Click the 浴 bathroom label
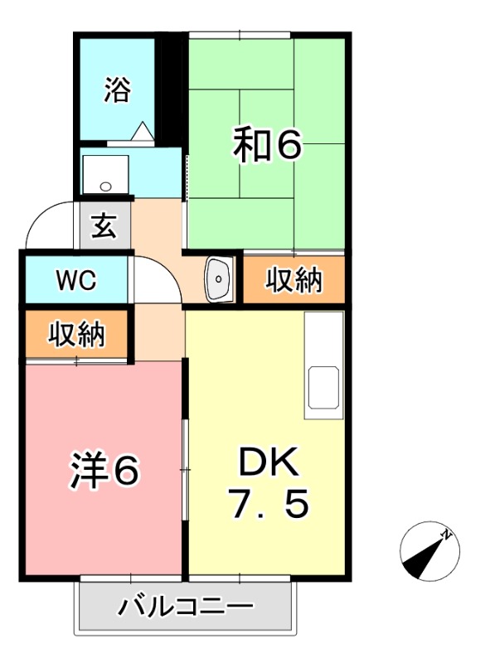(x=118, y=90)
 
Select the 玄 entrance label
(x=104, y=225)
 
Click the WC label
(x=76, y=280)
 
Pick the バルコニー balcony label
(x=185, y=608)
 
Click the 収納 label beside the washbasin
(x=294, y=281)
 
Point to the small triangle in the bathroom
(x=142, y=130)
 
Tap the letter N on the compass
(x=446, y=535)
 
